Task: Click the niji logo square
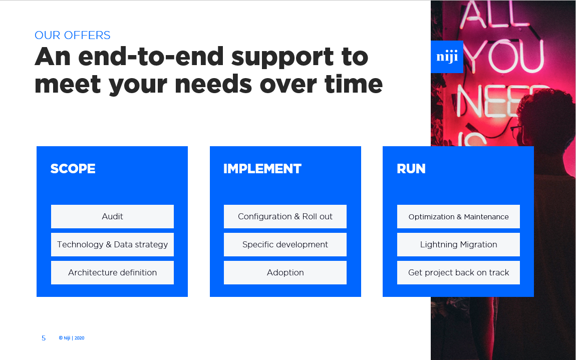tap(447, 57)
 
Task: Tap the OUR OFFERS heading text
tap(72, 35)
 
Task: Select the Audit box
tap(112, 216)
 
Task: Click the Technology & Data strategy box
tap(112, 244)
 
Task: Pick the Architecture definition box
tap(112, 272)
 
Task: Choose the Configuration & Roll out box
tap(285, 216)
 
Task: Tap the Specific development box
tap(285, 244)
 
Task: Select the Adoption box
tap(285, 272)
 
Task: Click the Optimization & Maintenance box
tap(458, 216)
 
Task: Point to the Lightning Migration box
tap(458, 244)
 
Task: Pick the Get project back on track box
tap(458, 272)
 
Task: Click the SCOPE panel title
tap(73, 169)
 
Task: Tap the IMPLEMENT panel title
tap(262, 169)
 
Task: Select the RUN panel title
tap(411, 169)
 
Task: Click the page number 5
tap(44, 338)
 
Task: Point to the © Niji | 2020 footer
tap(72, 338)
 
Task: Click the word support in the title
tap(282, 58)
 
